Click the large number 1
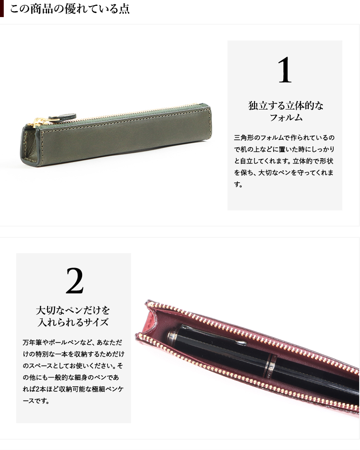pyautogui.click(x=285, y=70)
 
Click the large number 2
pyautogui.click(x=75, y=281)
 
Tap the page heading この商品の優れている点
pyautogui.click(x=70, y=9)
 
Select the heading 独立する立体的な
pyautogui.click(x=286, y=106)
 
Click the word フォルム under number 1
pyautogui.click(x=286, y=117)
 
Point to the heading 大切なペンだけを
pyautogui.click(x=73, y=310)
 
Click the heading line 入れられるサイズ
pyautogui.click(x=73, y=322)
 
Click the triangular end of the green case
pyautogui.click(x=28, y=145)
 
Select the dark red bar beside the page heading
pyautogui.click(x=2, y=8)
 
